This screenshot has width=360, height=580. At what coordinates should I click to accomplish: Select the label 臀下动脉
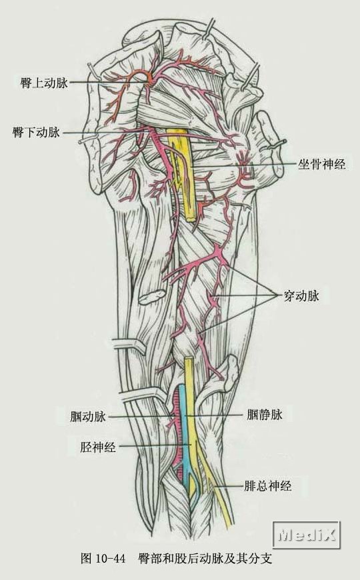pyautogui.click(x=36, y=132)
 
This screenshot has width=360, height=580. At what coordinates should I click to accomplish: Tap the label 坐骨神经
pyautogui.click(x=321, y=163)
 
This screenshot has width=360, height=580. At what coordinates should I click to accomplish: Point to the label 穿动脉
pyautogui.click(x=301, y=295)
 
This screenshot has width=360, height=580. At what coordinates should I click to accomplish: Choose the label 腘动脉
pyautogui.click(x=88, y=417)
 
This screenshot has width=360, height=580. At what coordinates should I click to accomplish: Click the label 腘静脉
pyautogui.click(x=265, y=414)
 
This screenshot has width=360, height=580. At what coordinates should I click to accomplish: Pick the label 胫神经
pyautogui.click(x=98, y=447)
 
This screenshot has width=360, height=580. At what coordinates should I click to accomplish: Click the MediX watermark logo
pyautogui.click(x=307, y=535)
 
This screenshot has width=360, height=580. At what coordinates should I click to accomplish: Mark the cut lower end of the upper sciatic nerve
pyautogui.click(x=190, y=219)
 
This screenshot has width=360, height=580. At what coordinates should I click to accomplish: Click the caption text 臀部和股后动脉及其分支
pyautogui.click(x=205, y=558)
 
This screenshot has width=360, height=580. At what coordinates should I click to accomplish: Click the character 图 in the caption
pyautogui.click(x=86, y=558)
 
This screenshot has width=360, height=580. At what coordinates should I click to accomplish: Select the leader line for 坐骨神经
pyautogui.click(x=244, y=165)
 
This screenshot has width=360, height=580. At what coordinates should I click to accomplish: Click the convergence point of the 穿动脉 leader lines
pyautogui.click(x=278, y=294)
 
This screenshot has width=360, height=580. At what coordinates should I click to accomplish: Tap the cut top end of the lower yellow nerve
pyautogui.click(x=189, y=358)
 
